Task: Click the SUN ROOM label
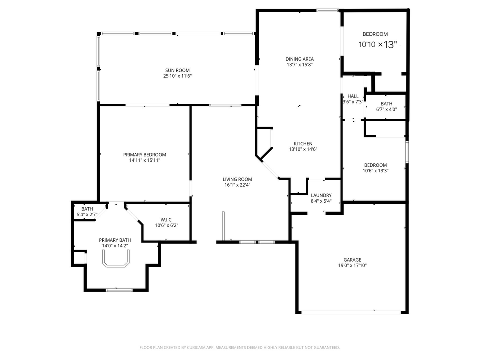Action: tap(177, 70)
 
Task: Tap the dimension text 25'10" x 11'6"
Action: tap(177, 76)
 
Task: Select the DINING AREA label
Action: tap(300, 59)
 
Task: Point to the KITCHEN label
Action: tap(303, 143)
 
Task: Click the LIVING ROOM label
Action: tap(237, 179)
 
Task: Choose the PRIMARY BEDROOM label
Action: tap(144, 155)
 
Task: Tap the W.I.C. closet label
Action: tap(166, 219)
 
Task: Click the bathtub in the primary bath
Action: tap(116, 259)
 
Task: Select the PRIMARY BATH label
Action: tap(115, 240)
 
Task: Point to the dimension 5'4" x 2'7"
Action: tap(87, 215)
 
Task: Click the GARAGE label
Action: tap(352, 260)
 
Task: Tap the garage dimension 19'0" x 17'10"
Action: tap(352, 266)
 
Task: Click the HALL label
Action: tap(353, 96)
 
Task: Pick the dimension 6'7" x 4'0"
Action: tap(386, 110)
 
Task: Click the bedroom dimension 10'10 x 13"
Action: tap(378, 44)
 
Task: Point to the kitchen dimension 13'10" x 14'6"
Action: tap(303, 149)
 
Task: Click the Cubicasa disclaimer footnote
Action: tap(240, 347)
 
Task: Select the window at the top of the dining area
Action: tap(327, 10)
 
